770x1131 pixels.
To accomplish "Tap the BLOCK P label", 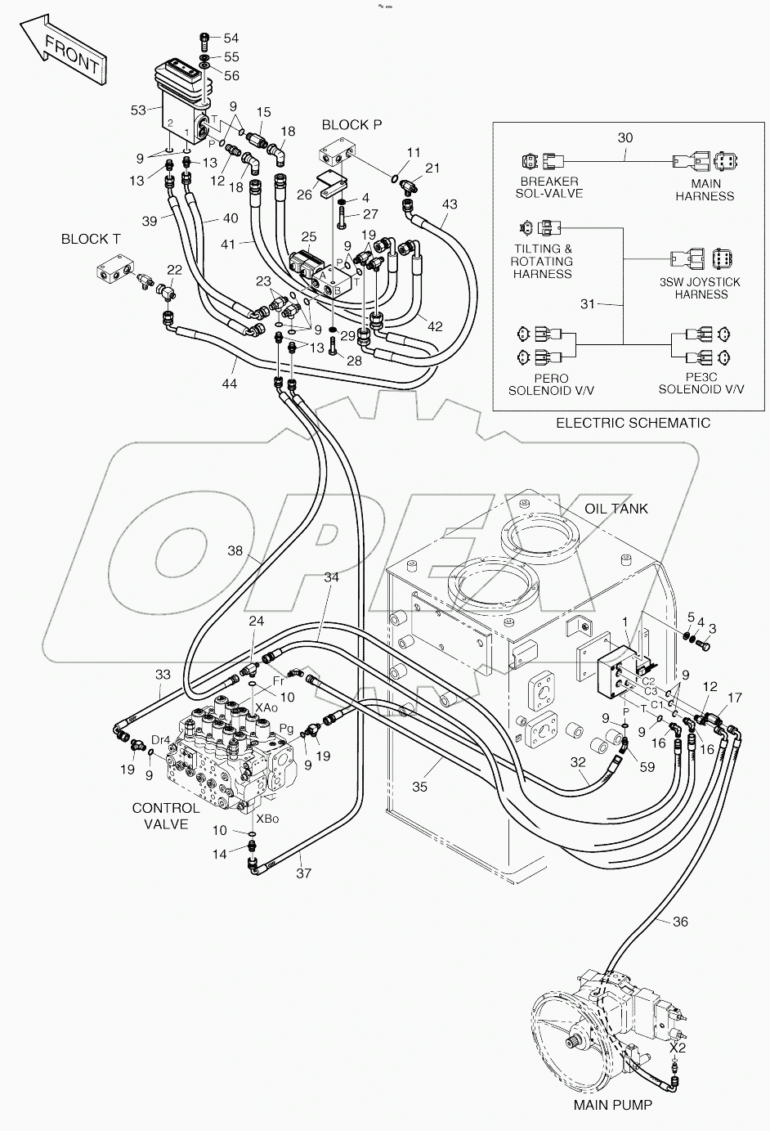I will (351, 124).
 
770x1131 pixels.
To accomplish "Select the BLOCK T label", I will (91, 239).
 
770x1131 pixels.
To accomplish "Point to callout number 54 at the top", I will (231, 38).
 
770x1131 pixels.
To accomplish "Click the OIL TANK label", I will (616, 508).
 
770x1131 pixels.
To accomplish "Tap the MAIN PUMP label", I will (612, 1105).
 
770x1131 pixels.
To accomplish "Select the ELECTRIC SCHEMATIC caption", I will (633, 423).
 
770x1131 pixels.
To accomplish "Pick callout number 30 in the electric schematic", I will (625, 138).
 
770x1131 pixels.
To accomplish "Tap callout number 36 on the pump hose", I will (680, 922).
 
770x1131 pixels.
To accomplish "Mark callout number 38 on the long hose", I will (235, 551).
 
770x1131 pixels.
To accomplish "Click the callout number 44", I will (230, 383).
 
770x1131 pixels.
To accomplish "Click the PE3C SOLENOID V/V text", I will (701, 383).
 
